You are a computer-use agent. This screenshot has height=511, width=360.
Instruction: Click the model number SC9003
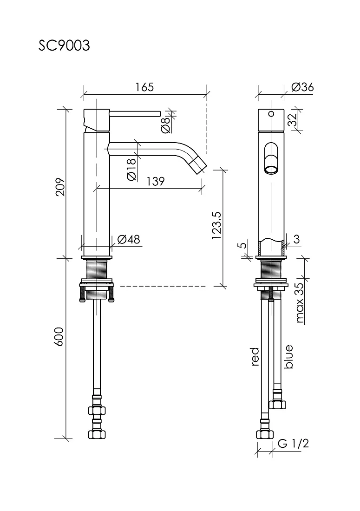click(64, 46)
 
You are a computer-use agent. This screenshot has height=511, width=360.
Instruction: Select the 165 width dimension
click(144, 87)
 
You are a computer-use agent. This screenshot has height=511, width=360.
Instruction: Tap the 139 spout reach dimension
click(156, 181)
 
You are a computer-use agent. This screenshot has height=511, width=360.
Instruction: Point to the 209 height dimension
click(60, 187)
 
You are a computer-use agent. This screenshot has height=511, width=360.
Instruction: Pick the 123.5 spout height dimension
click(216, 226)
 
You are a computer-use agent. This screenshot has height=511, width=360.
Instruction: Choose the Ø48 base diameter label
click(128, 240)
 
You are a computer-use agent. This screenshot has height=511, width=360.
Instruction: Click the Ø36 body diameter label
click(302, 87)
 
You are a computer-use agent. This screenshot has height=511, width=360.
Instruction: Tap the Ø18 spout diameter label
click(131, 170)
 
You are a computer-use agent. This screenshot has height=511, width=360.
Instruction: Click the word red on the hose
click(255, 356)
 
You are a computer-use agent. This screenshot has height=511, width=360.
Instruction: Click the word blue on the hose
click(288, 356)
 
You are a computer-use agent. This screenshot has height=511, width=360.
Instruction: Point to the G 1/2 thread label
click(293, 443)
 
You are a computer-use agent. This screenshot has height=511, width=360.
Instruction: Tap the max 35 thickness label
click(300, 303)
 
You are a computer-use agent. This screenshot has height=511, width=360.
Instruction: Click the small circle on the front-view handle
click(271, 114)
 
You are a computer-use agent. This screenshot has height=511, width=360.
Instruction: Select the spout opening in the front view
click(271, 170)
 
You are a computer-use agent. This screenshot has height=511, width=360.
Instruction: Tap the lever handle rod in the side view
click(135, 113)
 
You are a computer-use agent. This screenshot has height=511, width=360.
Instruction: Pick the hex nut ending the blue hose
click(277, 405)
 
